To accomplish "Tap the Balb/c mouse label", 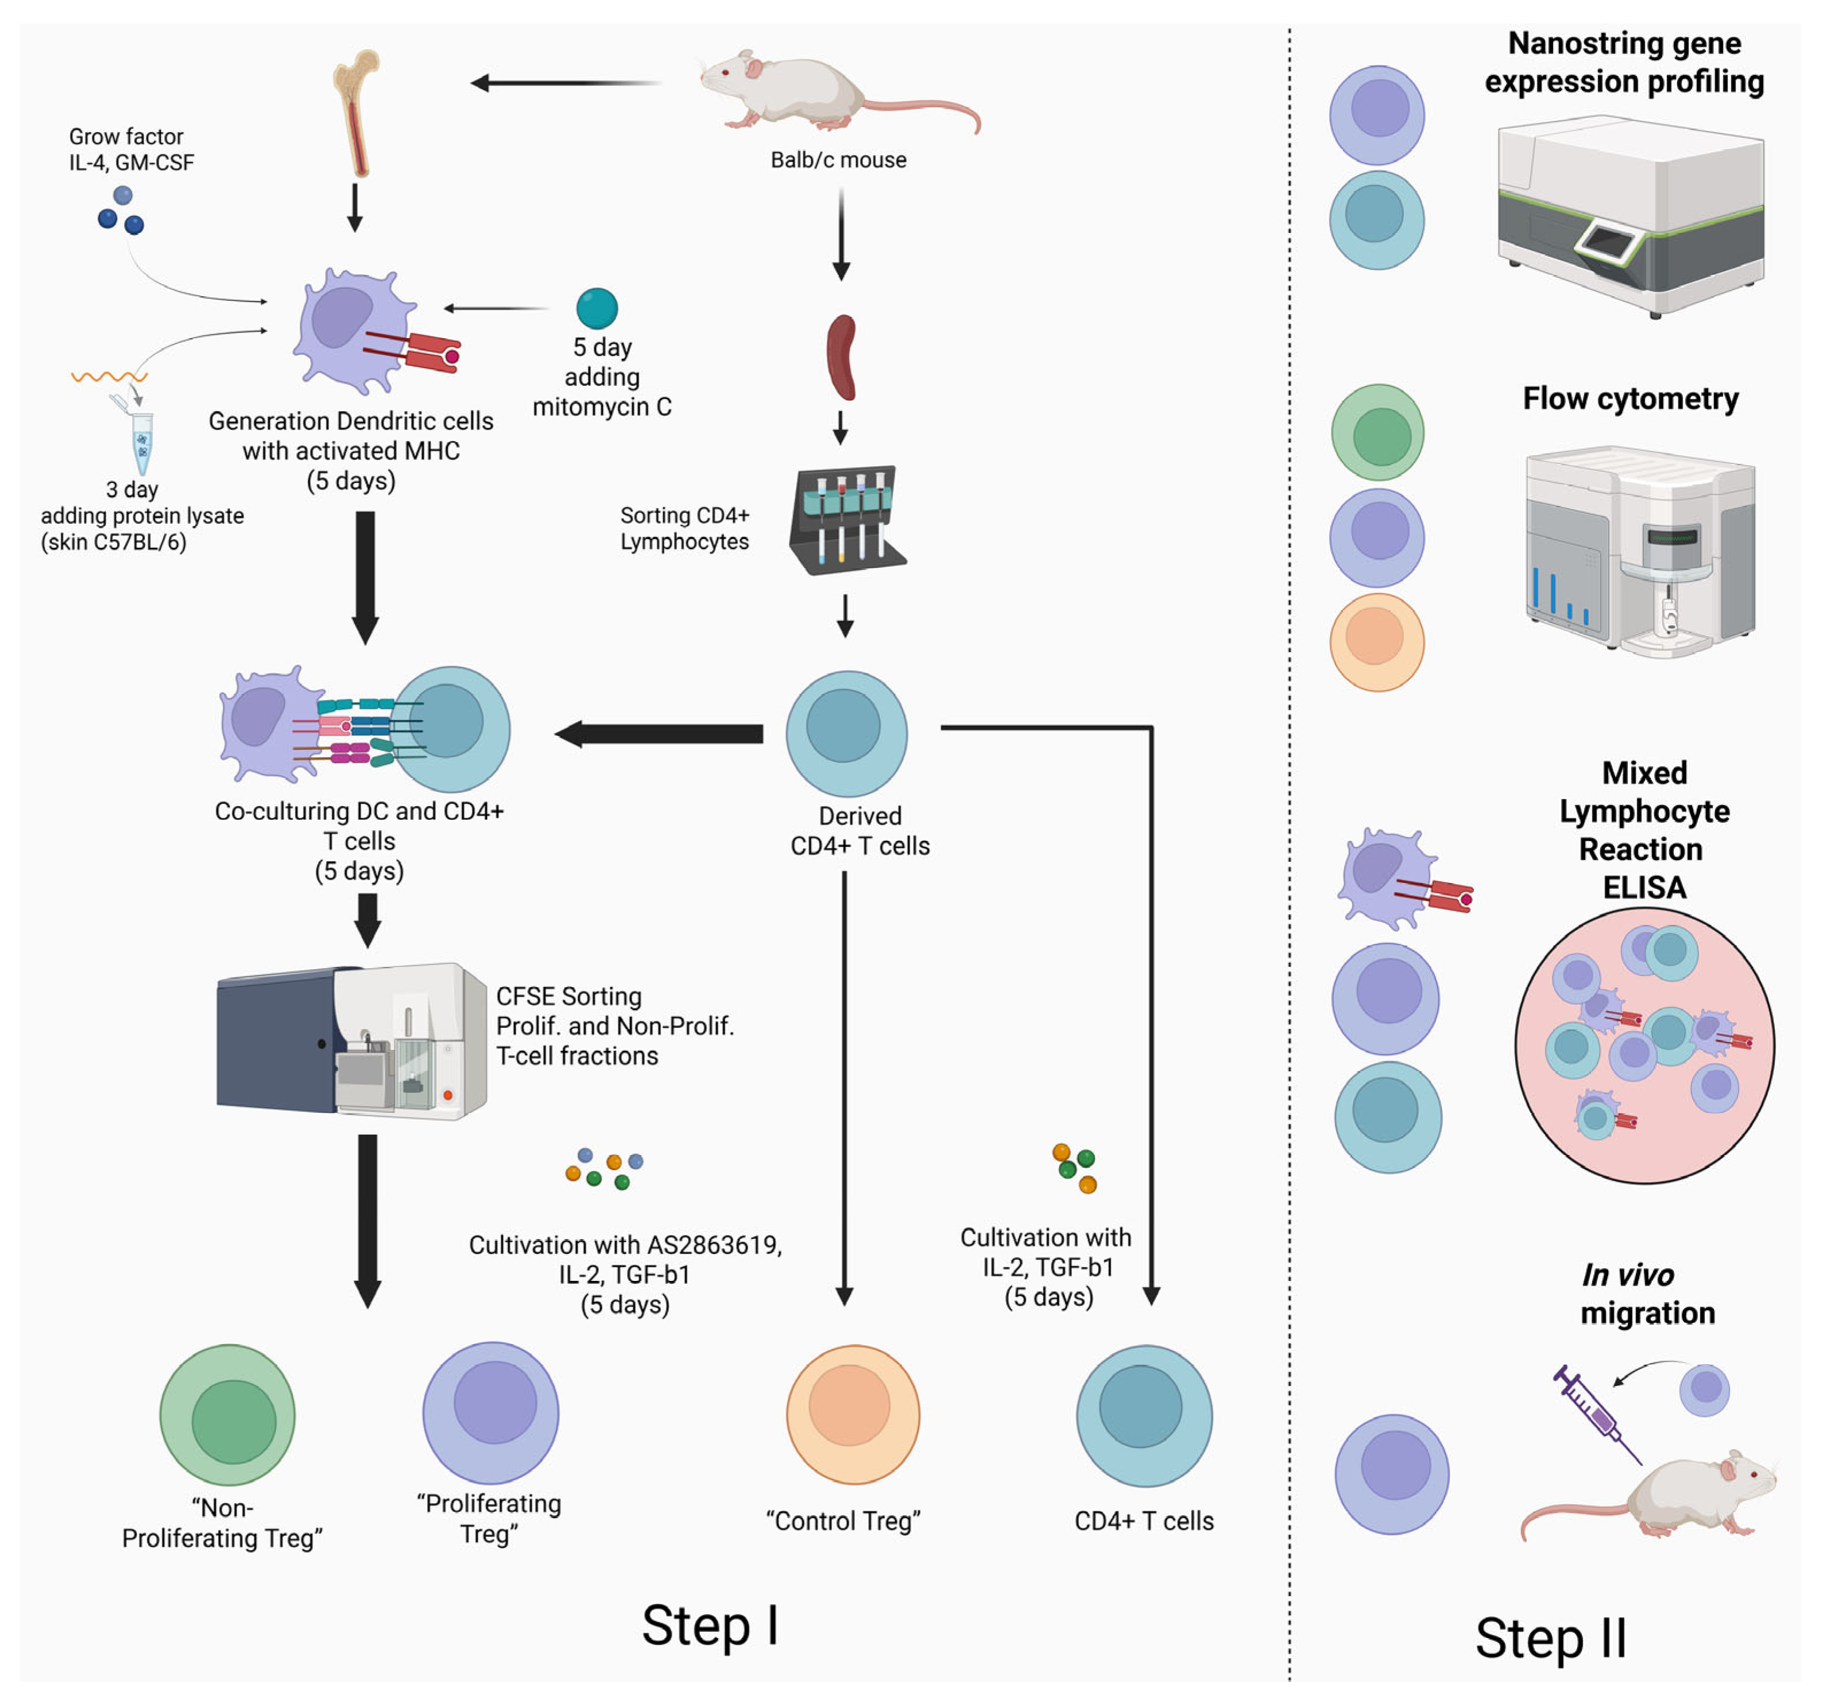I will (x=838, y=160).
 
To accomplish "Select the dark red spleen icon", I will (x=842, y=358).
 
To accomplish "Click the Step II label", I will (x=1551, y=1638).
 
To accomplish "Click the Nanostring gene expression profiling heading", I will (x=1624, y=63).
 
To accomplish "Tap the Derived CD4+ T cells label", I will (x=860, y=831).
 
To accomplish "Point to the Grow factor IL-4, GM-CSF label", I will (x=131, y=149).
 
